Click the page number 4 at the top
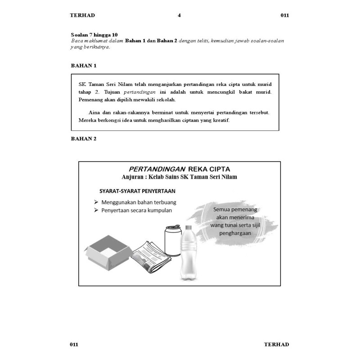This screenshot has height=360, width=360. point(179,15)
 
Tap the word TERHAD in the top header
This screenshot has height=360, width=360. point(82,15)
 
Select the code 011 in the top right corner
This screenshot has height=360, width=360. point(284,15)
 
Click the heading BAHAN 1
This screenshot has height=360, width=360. point(84,66)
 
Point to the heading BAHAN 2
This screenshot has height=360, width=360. point(84,139)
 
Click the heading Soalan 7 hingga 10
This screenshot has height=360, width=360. point(94,35)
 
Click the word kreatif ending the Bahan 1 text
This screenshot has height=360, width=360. point(220,120)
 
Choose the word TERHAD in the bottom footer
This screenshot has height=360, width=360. point(276,345)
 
